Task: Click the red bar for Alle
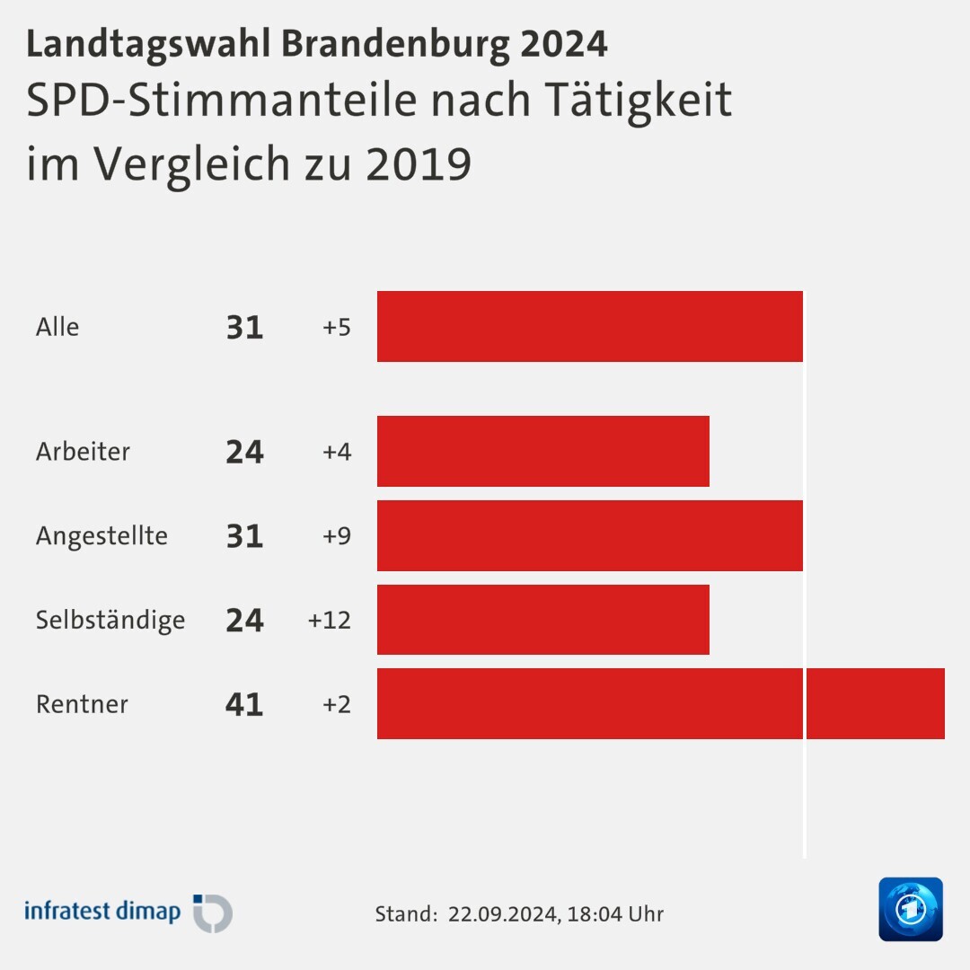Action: [589, 326]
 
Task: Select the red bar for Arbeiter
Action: [542, 451]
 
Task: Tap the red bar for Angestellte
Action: [589, 535]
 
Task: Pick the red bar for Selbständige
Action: [542, 620]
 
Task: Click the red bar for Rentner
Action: [660, 703]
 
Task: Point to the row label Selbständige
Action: [110, 621]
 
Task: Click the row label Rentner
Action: [82, 704]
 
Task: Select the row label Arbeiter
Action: [83, 452]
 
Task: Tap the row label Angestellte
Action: [101, 536]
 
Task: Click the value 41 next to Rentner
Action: [244, 704]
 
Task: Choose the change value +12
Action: [329, 621]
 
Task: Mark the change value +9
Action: [336, 536]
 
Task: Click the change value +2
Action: [336, 704]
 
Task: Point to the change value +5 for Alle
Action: [336, 327]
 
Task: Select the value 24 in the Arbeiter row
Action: [244, 452]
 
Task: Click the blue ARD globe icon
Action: [911, 910]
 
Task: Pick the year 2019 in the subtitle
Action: [419, 163]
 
